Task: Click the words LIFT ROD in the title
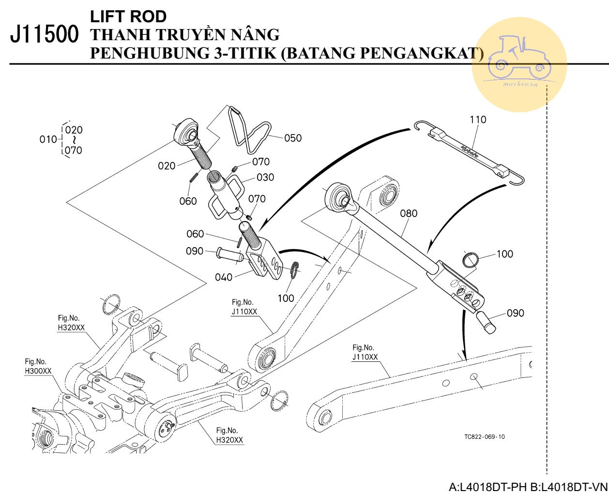pyautogui.click(x=128, y=16)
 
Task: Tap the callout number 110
pyautogui.click(x=477, y=120)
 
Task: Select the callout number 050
pyautogui.click(x=293, y=138)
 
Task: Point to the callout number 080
pyautogui.click(x=409, y=213)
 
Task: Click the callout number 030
pyautogui.click(x=265, y=177)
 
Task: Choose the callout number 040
pyautogui.click(x=224, y=277)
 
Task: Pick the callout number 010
pyautogui.click(x=48, y=140)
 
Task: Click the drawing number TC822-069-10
pyautogui.click(x=484, y=436)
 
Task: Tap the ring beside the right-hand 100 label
pyautogui.click(x=471, y=260)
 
